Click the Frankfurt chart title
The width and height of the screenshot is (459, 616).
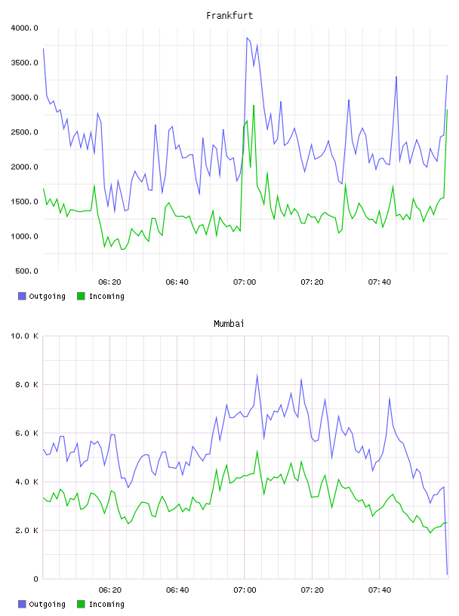pos(229,16)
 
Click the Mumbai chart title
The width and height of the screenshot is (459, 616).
pos(229,324)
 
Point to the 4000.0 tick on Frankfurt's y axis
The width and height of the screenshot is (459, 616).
pos(24,28)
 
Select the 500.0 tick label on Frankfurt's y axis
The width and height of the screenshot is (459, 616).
pos(26,271)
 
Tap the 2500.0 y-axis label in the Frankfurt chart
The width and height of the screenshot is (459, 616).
pos(24,132)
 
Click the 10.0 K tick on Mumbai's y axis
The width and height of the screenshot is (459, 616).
pos(24,336)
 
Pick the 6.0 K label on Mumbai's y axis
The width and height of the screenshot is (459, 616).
pos(26,433)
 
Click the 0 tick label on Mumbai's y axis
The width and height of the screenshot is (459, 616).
pos(35,579)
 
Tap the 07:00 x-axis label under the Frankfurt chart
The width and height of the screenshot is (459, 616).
pos(245,282)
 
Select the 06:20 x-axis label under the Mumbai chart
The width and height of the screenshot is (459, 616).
pos(109,590)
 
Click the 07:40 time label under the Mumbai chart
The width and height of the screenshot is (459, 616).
pos(380,590)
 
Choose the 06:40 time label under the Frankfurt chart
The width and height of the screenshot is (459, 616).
pos(177,282)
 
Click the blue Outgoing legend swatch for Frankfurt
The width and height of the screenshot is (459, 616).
pos(22,296)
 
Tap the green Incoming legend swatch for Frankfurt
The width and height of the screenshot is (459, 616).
pos(81,296)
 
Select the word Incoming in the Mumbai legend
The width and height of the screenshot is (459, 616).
pos(106,604)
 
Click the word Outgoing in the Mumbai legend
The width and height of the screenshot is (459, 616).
pos(47,604)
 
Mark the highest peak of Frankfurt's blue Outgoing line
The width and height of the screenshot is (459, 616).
pos(247,38)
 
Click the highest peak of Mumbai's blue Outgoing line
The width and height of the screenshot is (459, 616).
pos(257,374)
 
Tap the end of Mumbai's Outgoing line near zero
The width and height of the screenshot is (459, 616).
pos(447,574)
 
